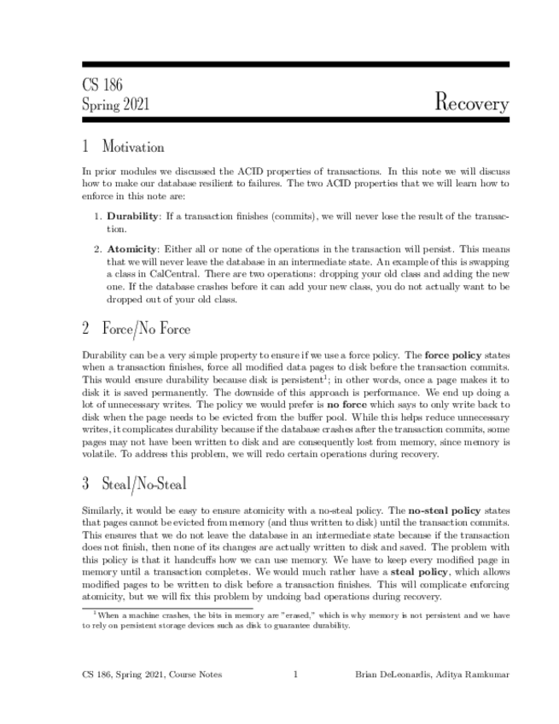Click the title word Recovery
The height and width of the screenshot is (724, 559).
tap(471, 103)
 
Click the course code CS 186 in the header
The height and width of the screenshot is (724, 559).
tap(102, 85)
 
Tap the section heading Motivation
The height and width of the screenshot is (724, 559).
tap(133, 147)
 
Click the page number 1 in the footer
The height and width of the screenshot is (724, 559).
tap(295, 674)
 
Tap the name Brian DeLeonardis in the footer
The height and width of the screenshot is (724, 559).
tap(393, 674)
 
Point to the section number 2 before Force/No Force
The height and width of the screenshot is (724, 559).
tap(86, 328)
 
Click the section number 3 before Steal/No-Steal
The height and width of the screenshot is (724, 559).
tap(86, 484)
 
